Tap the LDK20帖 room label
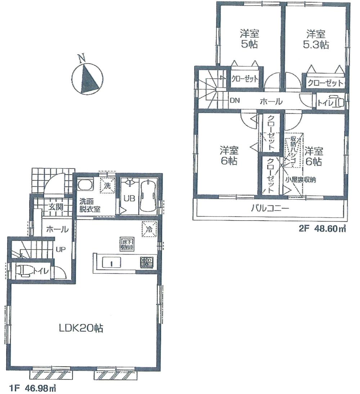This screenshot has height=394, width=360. [81, 327]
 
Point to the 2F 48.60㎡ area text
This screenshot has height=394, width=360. [322, 228]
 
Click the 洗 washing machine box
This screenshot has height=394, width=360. [107, 186]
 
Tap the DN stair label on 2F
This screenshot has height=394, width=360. [235, 101]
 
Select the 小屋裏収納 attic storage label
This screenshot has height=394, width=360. [301, 180]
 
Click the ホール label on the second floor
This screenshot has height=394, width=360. [270, 102]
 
